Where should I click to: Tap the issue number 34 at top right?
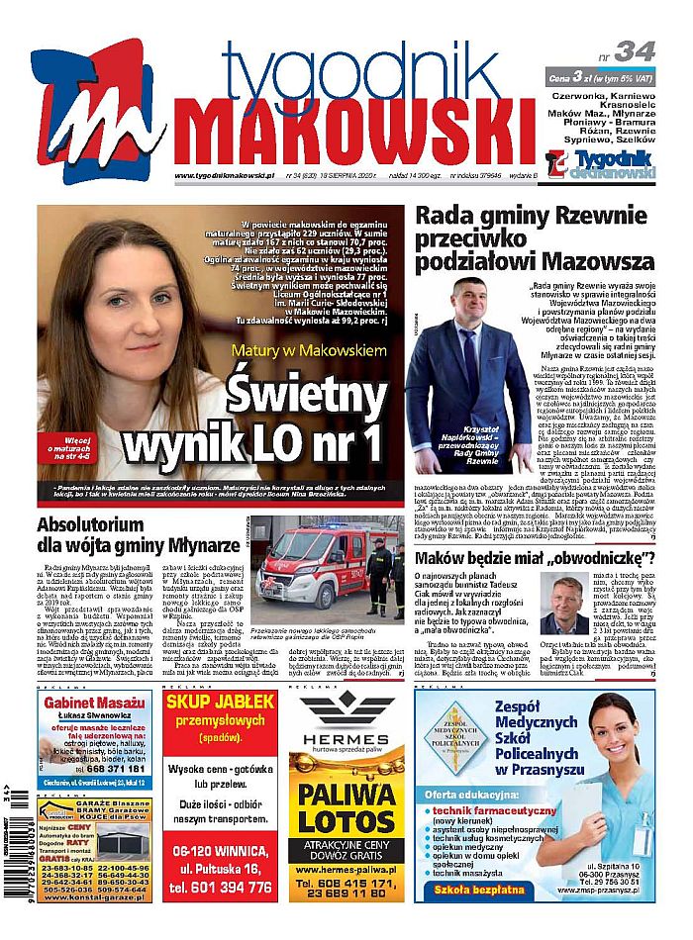(x=634, y=51)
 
